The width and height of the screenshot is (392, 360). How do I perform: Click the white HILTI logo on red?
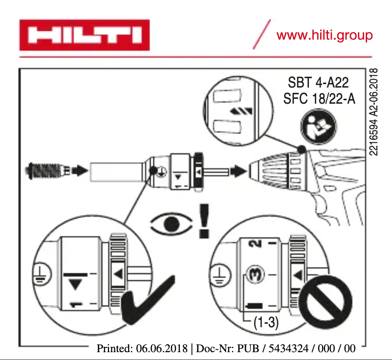click(84, 35)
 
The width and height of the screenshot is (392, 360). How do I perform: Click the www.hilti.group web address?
click(324, 35)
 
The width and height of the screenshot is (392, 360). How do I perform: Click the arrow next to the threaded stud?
click(77, 171)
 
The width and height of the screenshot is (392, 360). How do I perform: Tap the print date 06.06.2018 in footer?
click(163, 349)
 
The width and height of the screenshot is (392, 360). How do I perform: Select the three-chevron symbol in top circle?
click(238, 112)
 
